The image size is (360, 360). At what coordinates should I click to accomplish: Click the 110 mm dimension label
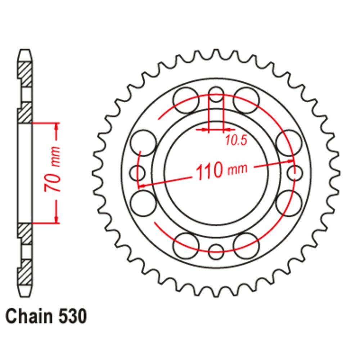(x=221, y=171)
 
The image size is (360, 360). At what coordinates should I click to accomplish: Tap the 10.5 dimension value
(x=236, y=140)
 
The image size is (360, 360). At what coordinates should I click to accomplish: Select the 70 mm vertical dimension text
(x=52, y=169)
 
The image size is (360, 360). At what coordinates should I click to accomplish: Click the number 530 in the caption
(x=73, y=316)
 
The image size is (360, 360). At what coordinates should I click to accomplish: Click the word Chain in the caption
(x=29, y=316)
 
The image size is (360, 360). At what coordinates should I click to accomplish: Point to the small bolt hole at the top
(x=216, y=94)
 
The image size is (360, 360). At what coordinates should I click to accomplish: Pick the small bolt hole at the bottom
(x=216, y=252)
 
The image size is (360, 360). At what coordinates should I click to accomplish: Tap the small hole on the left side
(x=137, y=173)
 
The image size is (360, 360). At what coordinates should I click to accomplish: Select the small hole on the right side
(x=295, y=173)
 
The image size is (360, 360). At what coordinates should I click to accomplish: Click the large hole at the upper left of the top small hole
(x=186, y=100)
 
